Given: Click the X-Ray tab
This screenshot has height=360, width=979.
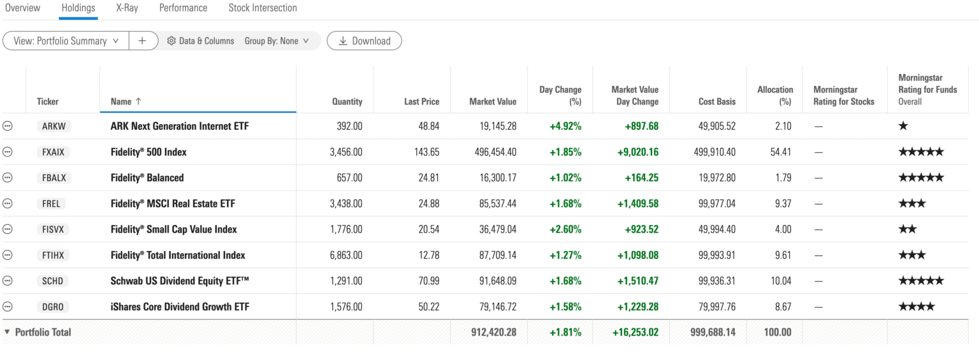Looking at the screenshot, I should tap(127, 8).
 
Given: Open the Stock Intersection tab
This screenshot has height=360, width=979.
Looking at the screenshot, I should tap(263, 8).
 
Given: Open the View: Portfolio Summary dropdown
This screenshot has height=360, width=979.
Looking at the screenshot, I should tap(66, 41).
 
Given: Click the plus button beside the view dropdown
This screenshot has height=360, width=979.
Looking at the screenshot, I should tap(142, 41).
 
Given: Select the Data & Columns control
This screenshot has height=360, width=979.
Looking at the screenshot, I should tap(201, 41).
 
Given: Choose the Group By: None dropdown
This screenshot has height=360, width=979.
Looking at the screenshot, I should tap(277, 41).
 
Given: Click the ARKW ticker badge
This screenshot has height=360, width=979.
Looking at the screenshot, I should tap(54, 126).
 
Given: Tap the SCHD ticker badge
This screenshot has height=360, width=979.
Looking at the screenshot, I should tap(54, 281).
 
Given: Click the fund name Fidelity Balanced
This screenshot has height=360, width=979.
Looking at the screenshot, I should tap(147, 178).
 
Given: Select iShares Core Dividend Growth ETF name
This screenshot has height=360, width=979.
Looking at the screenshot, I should tap(180, 307).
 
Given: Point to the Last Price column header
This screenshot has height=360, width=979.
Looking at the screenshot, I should tap(421, 101).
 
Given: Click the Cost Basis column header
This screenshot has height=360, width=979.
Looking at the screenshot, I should tap(716, 101).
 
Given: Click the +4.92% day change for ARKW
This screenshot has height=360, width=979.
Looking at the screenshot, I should tap(565, 126).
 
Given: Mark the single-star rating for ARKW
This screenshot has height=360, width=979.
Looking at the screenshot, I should tap(903, 126).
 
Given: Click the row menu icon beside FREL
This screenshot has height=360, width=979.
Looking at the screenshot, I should tap(8, 204).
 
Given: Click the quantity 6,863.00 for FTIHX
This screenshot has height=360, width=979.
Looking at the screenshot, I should tap(346, 256).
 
